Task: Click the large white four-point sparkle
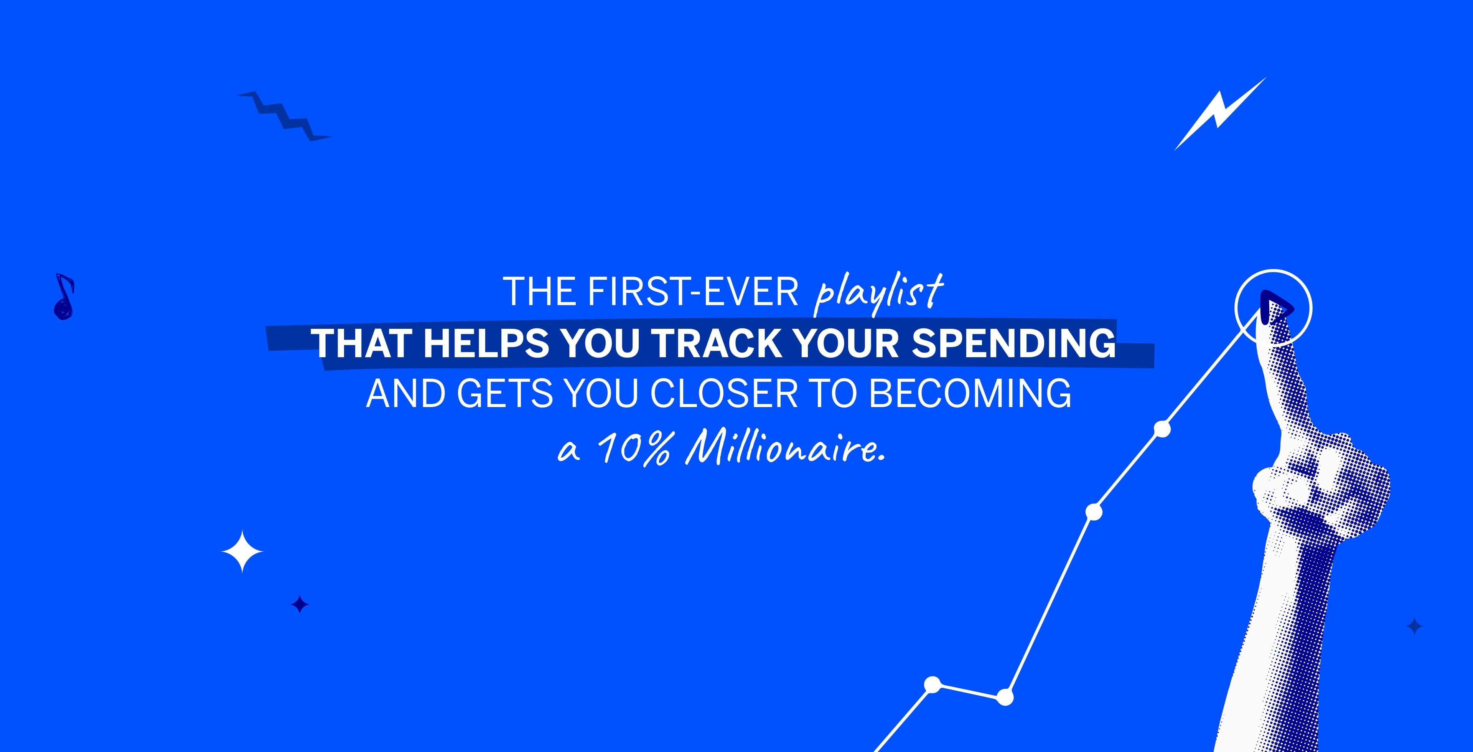[x=242, y=551]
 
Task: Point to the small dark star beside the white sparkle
[x=300, y=604]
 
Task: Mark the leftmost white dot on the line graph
[x=933, y=684]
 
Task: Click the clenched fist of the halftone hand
[x=1321, y=486]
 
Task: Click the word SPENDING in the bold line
[x=1013, y=343]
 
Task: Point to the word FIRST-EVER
[x=693, y=292]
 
